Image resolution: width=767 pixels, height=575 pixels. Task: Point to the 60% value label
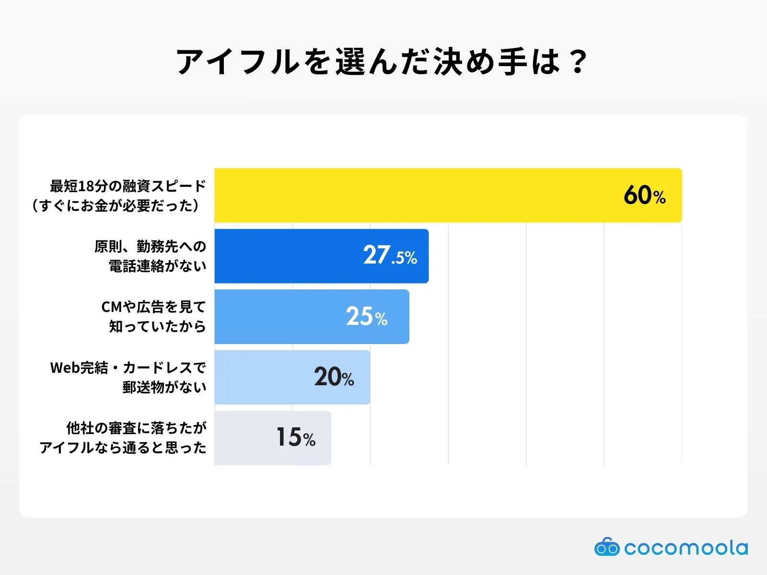click(644, 195)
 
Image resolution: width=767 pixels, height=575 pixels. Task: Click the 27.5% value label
click(390, 255)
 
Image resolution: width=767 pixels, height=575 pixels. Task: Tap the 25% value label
click(366, 317)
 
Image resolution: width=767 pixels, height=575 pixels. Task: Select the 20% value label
click(334, 377)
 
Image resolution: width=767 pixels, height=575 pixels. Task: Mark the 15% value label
click(296, 437)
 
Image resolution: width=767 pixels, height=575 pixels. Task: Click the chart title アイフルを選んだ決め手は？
click(382, 62)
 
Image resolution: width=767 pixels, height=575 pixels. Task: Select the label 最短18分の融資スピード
click(128, 186)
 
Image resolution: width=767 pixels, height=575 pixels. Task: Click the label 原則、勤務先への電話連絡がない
click(151, 256)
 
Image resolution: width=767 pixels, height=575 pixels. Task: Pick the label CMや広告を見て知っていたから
click(153, 317)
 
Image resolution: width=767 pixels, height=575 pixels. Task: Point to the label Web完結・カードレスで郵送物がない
click(128, 377)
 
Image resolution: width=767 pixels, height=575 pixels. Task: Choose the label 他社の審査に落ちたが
click(137, 428)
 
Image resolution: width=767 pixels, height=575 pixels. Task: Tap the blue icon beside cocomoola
click(607, 547)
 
